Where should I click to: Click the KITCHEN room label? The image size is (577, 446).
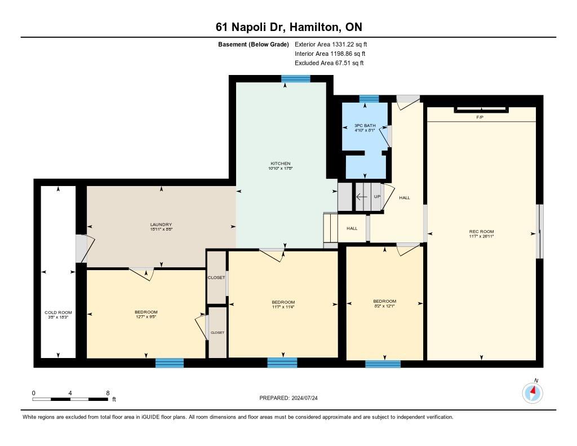(x=280, y=164)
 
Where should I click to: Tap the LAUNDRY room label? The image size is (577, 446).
(x=161, y=224)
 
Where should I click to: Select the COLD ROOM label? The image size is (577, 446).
(x=58, y=312)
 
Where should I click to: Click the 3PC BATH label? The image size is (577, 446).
(x=365, y=125)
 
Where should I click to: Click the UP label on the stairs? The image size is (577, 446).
(x=378, y=197)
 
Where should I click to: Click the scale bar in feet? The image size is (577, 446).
(x=70, y=399)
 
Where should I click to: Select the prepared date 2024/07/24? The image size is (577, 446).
(x=292, y=398)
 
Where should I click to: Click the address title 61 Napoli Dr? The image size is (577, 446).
(x=288, y=27)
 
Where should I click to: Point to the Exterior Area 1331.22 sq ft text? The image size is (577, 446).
(x=331, y=44)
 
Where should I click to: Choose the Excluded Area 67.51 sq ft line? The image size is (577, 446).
(x=329, y=63)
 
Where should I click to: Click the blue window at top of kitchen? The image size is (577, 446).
(x=295, y=78)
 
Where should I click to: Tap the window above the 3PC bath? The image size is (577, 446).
(x=369, y=99)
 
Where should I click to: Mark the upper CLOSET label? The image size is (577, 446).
(x=216, y=277)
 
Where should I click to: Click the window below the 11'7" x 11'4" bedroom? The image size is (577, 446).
(x=282, y=363)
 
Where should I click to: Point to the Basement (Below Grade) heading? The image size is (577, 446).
(x=254, y=44)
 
